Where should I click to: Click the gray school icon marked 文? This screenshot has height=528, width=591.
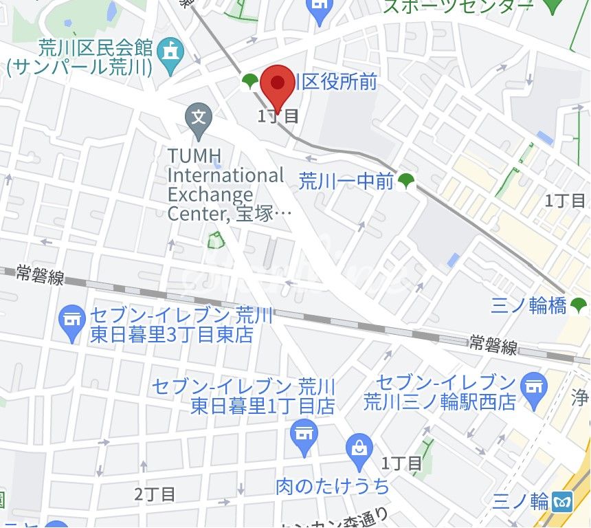(199, 118)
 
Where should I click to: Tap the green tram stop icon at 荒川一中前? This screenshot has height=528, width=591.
(407, 181)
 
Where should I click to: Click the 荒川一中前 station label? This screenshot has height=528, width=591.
(346, 181)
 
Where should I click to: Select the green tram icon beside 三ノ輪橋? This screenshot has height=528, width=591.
(579, 304)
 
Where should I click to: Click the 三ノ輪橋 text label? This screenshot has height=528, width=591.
(528, 305)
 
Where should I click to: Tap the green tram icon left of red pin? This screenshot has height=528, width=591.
(250, 82)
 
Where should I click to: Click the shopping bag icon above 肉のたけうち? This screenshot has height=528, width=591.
(358, 445)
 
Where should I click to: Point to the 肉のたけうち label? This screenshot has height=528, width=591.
(333, 487)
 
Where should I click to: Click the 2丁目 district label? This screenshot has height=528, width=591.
(155, 494)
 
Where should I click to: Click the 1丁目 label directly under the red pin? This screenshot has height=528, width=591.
(278, 116)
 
